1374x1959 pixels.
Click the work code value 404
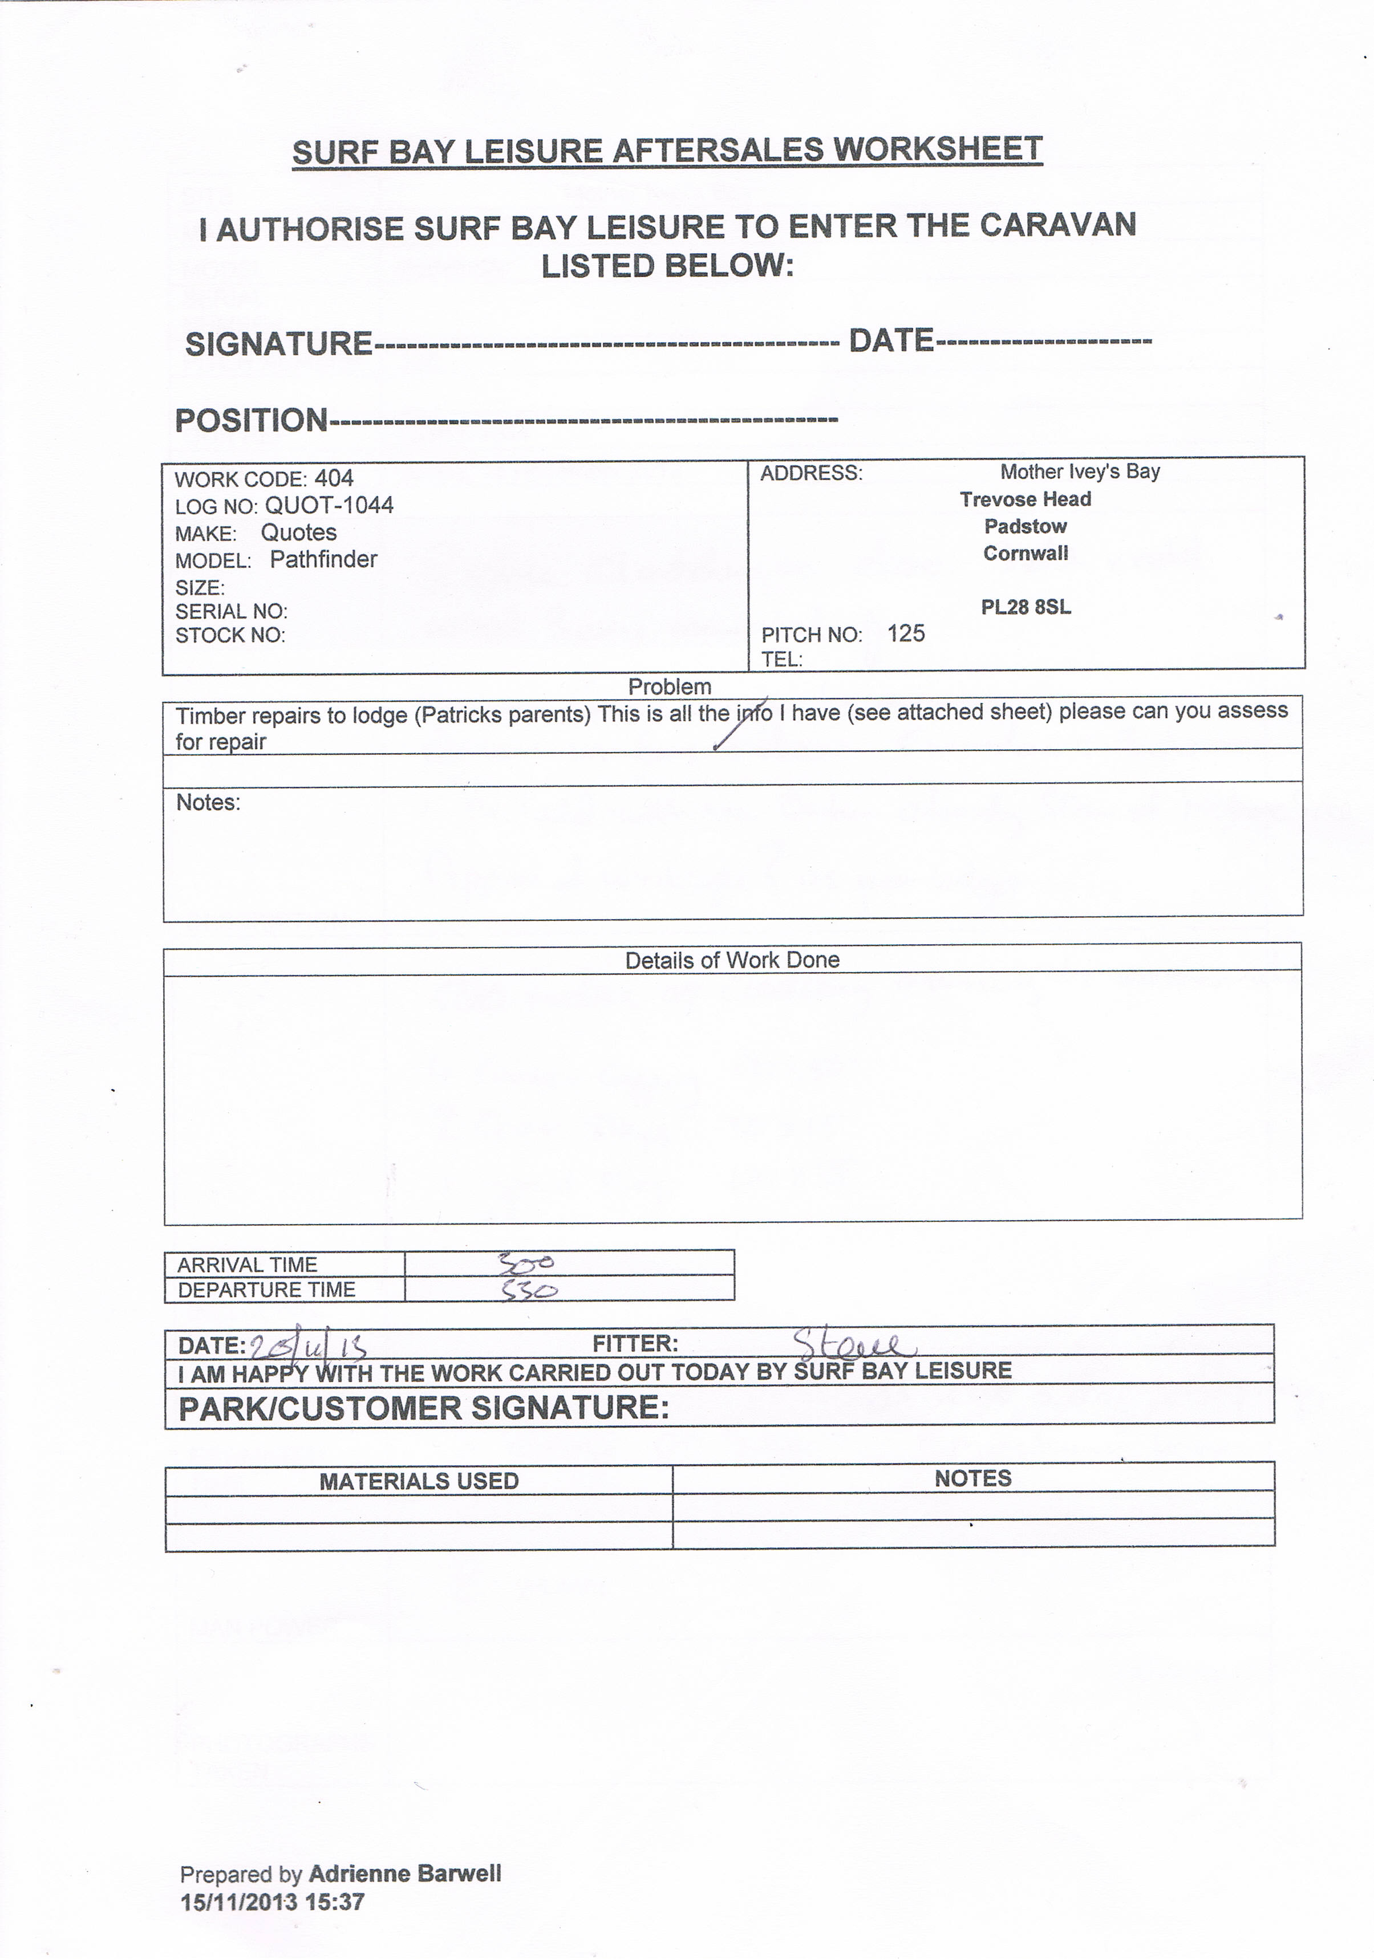click(x=334, y=479)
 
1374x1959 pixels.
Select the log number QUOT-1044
click(x=329, y=505)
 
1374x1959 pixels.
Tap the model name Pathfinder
click(x=323, y=560)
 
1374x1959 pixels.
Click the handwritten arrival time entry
click(x=526, y=1262)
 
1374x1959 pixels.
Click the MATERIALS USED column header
click(x=419, y=1481)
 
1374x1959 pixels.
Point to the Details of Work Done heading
click(x=732, y=960)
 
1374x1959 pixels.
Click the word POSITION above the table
click(x=251, y=420)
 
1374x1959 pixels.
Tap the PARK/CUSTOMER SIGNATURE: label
click(x=423, y=1408)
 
